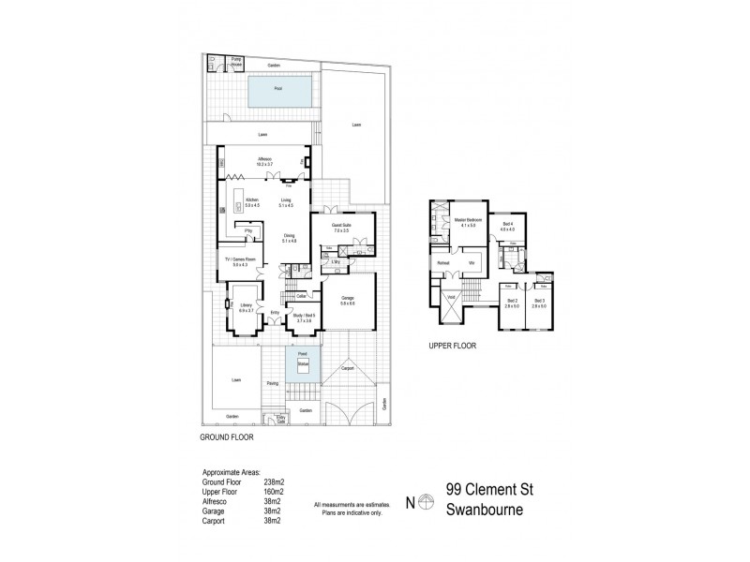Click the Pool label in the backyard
coord(277,89)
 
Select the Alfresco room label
coord(265,161)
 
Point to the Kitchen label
coord(251,200)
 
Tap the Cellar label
coord(302,297)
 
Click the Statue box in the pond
coord(303,362)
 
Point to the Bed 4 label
coord(507,225)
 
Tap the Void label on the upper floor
coord(451,298)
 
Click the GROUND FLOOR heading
coord(229,436)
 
